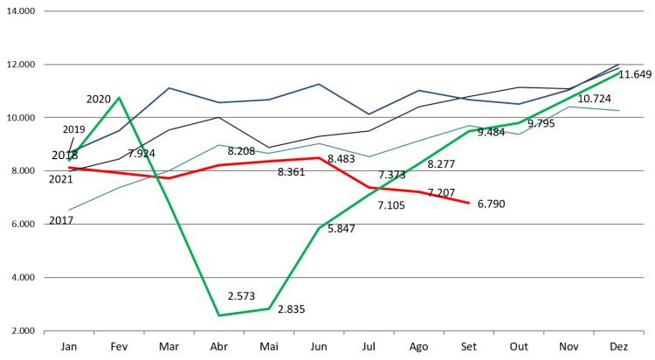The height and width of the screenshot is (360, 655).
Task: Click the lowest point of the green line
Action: [218, 315]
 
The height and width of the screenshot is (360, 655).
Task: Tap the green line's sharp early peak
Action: [119, 97]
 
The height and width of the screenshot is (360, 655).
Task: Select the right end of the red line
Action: [470, 203]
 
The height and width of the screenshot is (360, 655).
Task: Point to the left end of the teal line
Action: [69, 210]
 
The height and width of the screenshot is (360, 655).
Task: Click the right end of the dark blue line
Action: [619, 64]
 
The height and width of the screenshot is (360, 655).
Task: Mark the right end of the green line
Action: [619, 73]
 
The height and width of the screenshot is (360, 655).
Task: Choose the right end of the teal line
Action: [619, 111]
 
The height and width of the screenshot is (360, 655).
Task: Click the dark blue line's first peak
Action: [169, 87]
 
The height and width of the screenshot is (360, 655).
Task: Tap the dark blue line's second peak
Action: [319, 84]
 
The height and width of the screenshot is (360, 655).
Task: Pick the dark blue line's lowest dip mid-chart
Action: [369, 114]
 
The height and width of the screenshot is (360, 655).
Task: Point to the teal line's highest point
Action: [569, 107]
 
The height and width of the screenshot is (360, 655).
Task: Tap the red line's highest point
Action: [319, 157]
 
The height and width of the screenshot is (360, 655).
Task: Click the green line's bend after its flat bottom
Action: [268, 308]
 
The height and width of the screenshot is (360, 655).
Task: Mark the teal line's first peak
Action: [218, 145]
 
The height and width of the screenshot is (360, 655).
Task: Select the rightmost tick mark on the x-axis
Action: [644, 333]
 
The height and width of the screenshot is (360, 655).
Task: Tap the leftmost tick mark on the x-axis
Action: [45, 333]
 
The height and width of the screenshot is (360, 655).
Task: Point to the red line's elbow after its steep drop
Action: [369, 188]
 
